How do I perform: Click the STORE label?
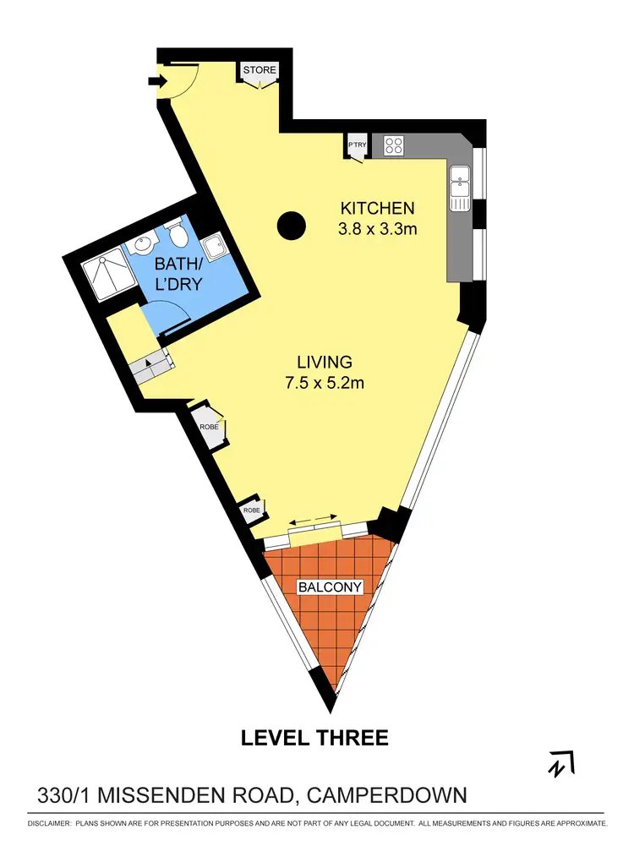260,69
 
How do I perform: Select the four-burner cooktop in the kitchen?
393,145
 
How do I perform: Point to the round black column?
291,224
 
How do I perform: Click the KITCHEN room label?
377,208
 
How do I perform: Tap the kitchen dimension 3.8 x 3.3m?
377,228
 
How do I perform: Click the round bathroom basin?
143,246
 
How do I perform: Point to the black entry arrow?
156,81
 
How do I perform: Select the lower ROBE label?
251,510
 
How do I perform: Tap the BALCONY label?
330,587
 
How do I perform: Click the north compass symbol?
560,763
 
